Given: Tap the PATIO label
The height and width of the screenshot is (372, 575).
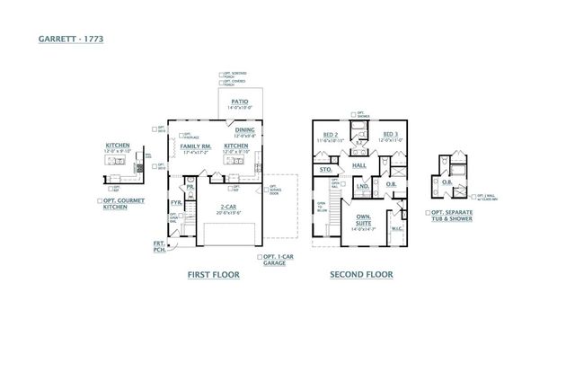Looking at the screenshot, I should [x=239, y=102].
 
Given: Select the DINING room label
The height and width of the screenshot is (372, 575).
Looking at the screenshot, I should [x=245, y=129].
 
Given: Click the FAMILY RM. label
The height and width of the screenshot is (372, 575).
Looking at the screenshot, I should [x=196, y=146].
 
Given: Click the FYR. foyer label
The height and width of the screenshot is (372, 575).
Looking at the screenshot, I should [x=176, y=203].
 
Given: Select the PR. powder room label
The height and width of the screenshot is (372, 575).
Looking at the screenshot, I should [x=190, y=187].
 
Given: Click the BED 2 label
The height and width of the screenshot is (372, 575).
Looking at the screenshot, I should [x=330, y=135].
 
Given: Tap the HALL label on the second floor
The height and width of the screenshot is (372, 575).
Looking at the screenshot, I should [x=358, y=166].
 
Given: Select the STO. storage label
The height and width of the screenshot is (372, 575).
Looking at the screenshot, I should [x=325, y=167].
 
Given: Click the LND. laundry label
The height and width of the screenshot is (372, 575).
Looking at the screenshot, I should [x=363, y=187].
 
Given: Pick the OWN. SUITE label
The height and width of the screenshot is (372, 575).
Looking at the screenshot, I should [x=365, y=219].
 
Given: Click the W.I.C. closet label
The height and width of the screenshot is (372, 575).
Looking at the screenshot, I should [x=397, y=228].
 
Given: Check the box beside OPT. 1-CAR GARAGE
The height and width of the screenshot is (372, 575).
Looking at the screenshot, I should [x=259, y=258].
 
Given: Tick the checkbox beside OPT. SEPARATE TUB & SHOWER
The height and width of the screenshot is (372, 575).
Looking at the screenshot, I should [x=429, y=213].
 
